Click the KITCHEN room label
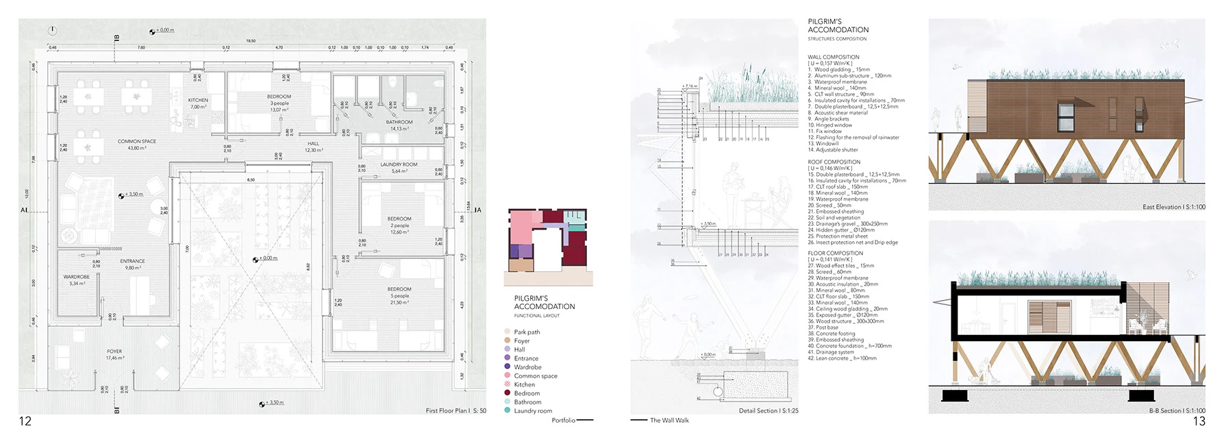pos(198,100)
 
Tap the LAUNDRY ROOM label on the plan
pos(399,164)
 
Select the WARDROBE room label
pos(76,277)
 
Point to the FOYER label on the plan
pos(114,351)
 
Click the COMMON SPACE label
pos(136,141)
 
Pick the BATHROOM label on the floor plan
pos(399,122)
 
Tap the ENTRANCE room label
pos(132,261)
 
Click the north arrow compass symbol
pos(53,31)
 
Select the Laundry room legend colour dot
pos(508,410)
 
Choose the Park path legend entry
pos(527,332)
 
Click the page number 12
pos(25,421)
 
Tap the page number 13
pos(1199,421)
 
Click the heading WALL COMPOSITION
pos(833,58)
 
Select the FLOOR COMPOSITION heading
pos(835,253)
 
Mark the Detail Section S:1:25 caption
pos(768,411)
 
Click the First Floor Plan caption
pos(455,411)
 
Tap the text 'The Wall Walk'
pos(669,421)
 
